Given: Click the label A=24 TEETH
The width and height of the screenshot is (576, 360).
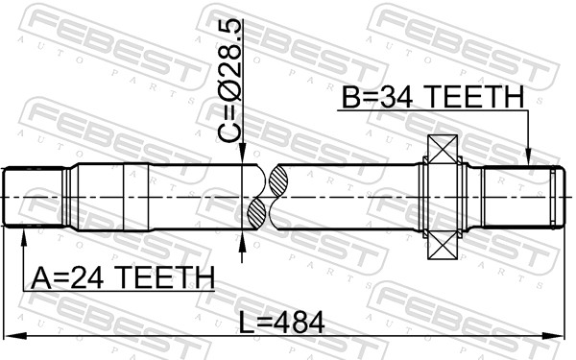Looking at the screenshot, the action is pyautogui.click(x=123, y=277).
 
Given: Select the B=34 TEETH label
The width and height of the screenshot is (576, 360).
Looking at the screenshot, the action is pyautogui.click(x=433, y=97).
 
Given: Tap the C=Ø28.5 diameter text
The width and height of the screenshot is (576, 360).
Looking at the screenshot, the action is pyautogui.click(x=230, y=81).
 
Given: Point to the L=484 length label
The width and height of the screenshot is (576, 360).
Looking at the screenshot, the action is pyautogui.click(x=281, y=323).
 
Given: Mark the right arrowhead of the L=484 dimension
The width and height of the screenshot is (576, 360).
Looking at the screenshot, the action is pyautogui.click(x=553, y=335).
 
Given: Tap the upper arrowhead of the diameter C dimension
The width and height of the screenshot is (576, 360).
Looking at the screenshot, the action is pyautogui.click(x=242, y=154).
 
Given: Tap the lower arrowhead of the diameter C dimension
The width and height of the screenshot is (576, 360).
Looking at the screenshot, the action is pyautogui.click(x=242, y=241).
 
